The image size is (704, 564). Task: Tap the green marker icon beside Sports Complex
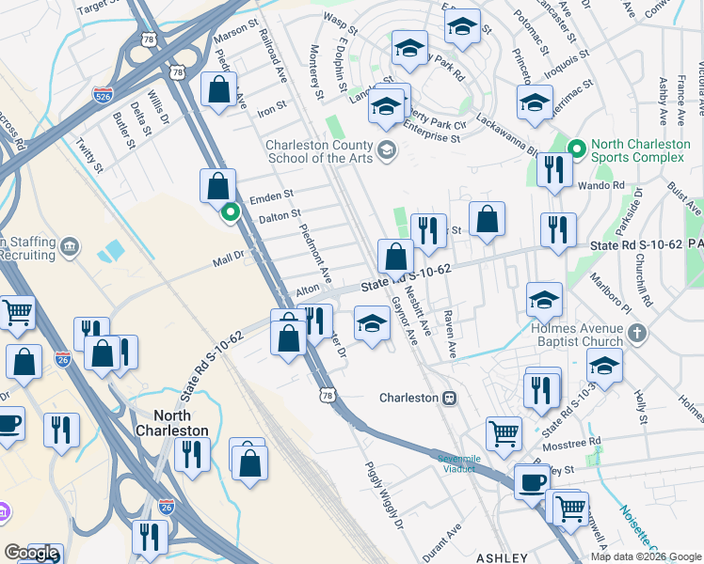point(578,149)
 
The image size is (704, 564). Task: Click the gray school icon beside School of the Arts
point(386,150)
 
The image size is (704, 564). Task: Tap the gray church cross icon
point(637,333)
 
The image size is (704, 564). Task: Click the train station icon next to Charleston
point(450,398)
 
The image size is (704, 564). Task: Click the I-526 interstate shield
point(104,95)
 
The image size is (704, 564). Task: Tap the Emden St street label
point(272,197)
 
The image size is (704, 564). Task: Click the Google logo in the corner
point(31,553)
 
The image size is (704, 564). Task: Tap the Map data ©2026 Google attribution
point(645,556)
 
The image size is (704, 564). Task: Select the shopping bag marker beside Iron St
point(218,92)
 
